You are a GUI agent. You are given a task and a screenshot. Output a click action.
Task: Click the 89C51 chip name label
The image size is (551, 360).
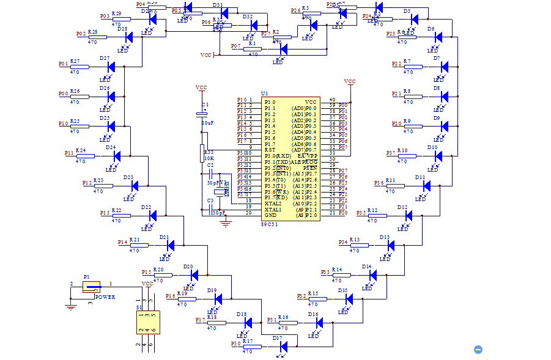[x=269, y=224]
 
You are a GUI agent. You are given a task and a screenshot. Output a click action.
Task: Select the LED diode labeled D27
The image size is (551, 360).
[x=111, y=67]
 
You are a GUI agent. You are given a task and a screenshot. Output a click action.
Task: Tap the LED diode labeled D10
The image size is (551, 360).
[x=438, y=155]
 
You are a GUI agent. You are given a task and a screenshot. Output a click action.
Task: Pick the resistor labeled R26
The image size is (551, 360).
[x=80, y=97]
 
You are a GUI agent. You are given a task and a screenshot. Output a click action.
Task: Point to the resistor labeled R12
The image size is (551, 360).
[x=377, y=215]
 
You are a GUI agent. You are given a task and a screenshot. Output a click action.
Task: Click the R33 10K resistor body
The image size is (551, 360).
[x=202, y=153]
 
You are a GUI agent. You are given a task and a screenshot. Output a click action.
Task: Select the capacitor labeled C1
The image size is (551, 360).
[x=201, y=114]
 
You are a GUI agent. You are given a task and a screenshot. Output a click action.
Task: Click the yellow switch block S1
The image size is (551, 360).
[x=148, y=322]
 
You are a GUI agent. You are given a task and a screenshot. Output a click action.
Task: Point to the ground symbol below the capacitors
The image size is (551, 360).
[x=226, y=224]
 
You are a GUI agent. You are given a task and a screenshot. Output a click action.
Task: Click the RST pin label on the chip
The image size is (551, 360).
[x=270, y=150]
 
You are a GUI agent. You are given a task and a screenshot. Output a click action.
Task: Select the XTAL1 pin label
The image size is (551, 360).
[x=273, y=209]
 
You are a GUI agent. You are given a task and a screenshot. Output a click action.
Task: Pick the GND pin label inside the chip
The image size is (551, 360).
[x=270, y=215]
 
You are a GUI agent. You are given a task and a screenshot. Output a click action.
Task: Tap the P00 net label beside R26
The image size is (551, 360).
[x=63, y=94]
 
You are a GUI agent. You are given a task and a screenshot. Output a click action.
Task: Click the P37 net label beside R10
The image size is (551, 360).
[x=391, y=153]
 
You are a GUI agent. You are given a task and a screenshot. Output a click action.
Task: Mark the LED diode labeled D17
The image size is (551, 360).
[x=283, y=347]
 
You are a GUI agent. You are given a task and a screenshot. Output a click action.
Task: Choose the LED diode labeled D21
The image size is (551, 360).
[x=171, y=246]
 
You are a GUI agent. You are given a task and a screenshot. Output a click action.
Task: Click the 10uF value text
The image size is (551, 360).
[x=208, y=122]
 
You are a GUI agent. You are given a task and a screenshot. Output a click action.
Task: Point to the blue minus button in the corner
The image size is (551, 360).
[x=478, y=350]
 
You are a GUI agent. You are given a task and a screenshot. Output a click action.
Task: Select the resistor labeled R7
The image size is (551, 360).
[x=412, y=67]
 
